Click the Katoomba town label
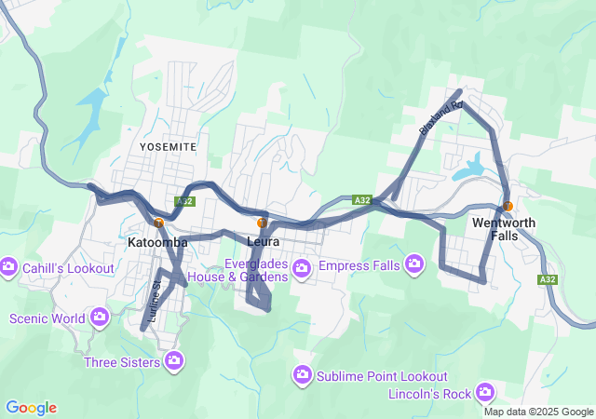point(157,242)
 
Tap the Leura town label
point(264,242)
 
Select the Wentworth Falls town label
point(504,229)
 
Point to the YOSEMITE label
point(168,147)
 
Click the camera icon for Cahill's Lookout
point(9,268)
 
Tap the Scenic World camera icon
point(100,318)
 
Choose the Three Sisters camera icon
point(174,360)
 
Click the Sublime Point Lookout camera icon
point(302,375)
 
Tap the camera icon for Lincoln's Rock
point(484,393)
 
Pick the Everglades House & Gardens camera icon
point(302,269)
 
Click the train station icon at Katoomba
point(159,223)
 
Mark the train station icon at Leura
point(263,223)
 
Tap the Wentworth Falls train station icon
point(508,206)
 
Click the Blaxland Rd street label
point(440,119)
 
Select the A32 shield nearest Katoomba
point(184,201)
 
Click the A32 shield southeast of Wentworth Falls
point(548,278)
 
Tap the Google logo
point(31,408)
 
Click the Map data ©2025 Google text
point(537,412)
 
